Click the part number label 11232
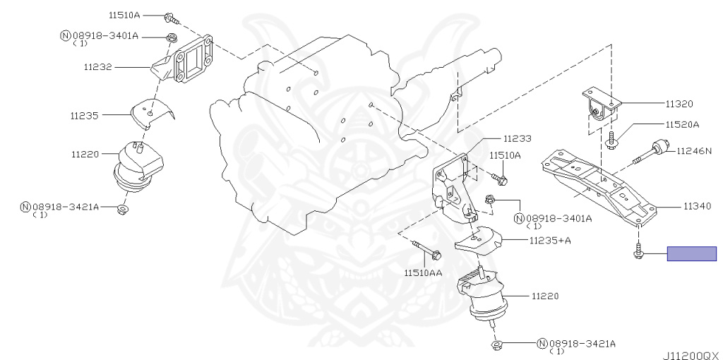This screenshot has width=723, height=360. (97, 67)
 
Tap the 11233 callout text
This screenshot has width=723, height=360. (517, 138)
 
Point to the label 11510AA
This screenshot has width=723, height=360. (423, 273)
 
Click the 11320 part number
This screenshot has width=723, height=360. (679, 104)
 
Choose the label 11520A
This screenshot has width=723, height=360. (682, 124)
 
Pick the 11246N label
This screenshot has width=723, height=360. (694, 150)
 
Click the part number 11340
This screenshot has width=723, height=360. (697, 206)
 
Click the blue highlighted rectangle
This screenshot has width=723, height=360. (692, 253)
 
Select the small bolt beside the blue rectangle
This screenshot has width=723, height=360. (638, 252)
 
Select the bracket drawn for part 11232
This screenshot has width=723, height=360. (183, 61)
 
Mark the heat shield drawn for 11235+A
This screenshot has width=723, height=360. (479, 241)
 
